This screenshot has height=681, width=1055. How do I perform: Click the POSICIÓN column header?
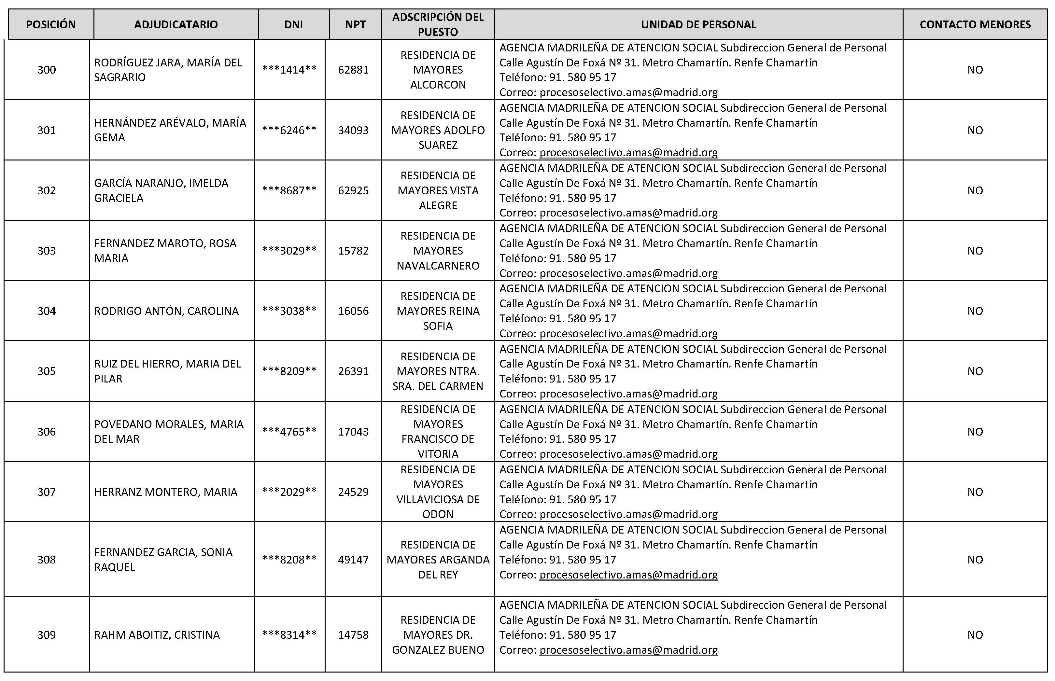(x=51, y=25)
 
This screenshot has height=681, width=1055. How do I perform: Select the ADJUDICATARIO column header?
(x=176, y=25)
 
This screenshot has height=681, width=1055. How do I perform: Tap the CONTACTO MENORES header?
(x=975, y=25)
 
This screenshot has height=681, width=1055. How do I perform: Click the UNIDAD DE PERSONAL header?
(x=698, y=25)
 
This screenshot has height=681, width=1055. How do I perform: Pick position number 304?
(x=47, y=311)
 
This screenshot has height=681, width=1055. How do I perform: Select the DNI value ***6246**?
(x=289, y=130)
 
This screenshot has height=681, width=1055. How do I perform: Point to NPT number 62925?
(x=353, y=190)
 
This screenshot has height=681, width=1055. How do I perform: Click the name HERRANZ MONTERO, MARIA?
(x=166, y=492)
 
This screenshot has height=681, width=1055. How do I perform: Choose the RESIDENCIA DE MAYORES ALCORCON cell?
(x=438, y=70)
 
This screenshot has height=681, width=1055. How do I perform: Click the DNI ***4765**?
(x=289, y=432)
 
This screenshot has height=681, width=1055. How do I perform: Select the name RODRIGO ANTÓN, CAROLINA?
(x=166, y=311)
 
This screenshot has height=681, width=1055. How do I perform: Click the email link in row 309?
(x=628, y=650)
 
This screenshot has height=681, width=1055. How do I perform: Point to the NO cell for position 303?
(x=975, y=251)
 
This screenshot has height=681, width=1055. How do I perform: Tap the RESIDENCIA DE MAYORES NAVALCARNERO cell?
(x=438, y=251)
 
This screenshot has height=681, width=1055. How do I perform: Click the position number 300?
(x=47, y=70)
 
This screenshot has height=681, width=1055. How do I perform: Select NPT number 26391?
(x=353, y=371)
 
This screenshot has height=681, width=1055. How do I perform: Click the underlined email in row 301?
(x=628, y=153)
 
